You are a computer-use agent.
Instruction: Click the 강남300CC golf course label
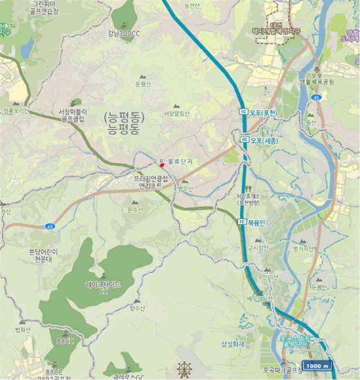click(124, 34)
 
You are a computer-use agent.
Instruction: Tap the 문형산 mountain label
click(143, 84)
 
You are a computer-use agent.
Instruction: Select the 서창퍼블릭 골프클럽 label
click(72, 115)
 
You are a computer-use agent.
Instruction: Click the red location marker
click(162, 165)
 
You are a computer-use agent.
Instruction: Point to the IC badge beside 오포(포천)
click(244, 112)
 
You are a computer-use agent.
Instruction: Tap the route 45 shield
click(317, 98)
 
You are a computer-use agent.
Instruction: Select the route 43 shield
click(50, 225)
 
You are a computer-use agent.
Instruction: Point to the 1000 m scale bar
click(317, 366)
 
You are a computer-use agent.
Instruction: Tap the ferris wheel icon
click(184, 370)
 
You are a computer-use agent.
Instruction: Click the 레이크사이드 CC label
click(103, 287)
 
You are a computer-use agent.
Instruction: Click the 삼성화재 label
click(233, 344)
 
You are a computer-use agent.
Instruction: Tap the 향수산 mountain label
click(137, 308)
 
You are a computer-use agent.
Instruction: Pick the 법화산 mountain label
click(23, 330)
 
